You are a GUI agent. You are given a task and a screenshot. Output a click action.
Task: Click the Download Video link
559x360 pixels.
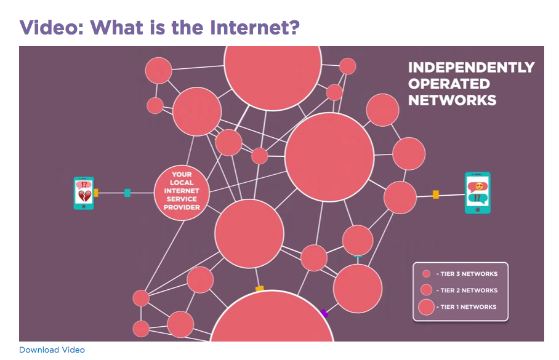point(52,350)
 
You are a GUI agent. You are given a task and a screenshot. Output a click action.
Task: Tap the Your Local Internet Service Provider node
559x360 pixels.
point(182,191)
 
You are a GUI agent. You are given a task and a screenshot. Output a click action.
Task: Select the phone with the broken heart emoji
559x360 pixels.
point(84,193)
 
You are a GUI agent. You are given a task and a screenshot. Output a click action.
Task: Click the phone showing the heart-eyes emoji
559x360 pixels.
point(477,193)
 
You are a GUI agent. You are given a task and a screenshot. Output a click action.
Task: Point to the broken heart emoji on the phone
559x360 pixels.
point(84,196)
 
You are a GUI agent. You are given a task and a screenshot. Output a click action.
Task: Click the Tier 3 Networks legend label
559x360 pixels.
point(466,274)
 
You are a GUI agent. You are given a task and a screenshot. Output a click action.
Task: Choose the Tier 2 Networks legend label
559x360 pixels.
point(466,290)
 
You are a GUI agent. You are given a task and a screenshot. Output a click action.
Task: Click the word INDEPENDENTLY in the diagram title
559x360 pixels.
point(472,68)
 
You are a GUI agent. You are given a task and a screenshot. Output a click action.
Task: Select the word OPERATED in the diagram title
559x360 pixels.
point(449,84)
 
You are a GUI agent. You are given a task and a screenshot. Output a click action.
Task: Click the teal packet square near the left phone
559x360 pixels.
point(127,193)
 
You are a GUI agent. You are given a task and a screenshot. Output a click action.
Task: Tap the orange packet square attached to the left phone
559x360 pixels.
point(96,193)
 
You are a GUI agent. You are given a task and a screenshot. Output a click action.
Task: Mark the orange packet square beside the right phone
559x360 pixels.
point(436,194)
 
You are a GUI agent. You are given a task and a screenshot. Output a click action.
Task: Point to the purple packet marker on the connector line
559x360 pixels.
point(324,313)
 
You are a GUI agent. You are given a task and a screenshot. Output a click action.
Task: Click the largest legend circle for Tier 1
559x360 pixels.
point(426,307)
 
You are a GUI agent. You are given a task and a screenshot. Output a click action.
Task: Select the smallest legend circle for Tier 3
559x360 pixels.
point(426,274)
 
